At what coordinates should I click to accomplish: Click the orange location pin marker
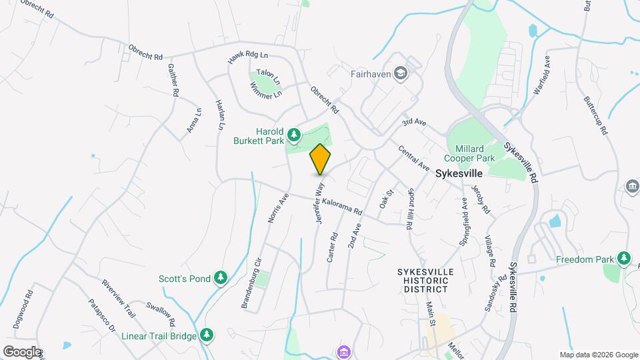[320, 159]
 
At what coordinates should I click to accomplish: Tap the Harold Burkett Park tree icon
[294, 136]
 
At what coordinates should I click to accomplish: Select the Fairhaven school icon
[401, 72]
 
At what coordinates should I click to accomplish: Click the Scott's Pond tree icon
[220, 277]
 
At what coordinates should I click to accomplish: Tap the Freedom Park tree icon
[623, 257]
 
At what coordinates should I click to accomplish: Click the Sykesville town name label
[459, 173]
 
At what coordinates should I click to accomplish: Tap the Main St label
[431, 313]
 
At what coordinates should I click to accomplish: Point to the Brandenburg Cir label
[252, 283]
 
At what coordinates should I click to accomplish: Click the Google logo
[22, 351]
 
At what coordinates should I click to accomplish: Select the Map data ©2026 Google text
[598, 355]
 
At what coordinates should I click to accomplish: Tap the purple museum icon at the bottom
[344, 351]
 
